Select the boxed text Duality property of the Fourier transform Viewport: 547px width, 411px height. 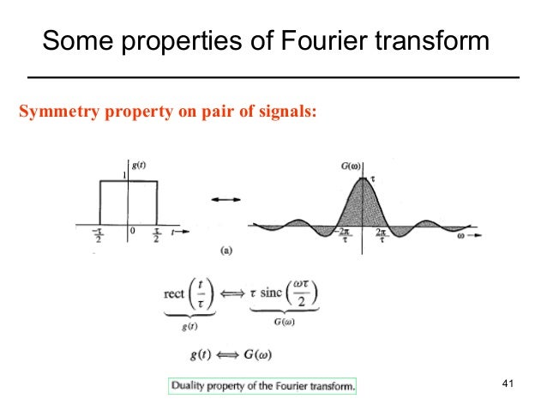click(262, 386)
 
